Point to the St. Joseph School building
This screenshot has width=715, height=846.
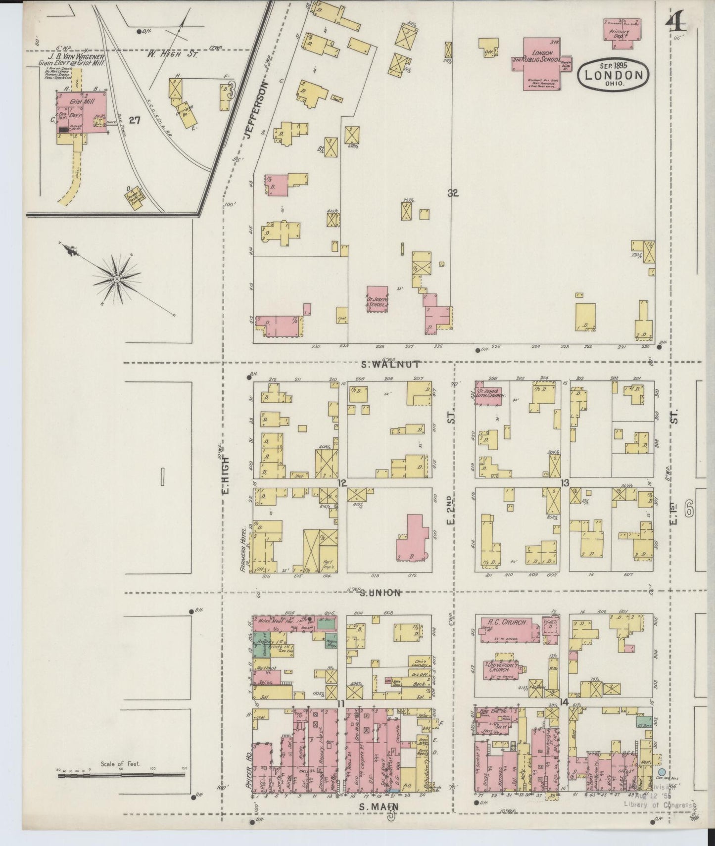pyautogui.click(x=378, y=299)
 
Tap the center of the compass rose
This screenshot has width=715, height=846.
pyautogui.click(x=117, y=280)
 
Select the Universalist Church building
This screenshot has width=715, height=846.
pyautogui.click(x=505, y=669)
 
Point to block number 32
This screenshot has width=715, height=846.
pyautogui.click(x=453, y=193)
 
